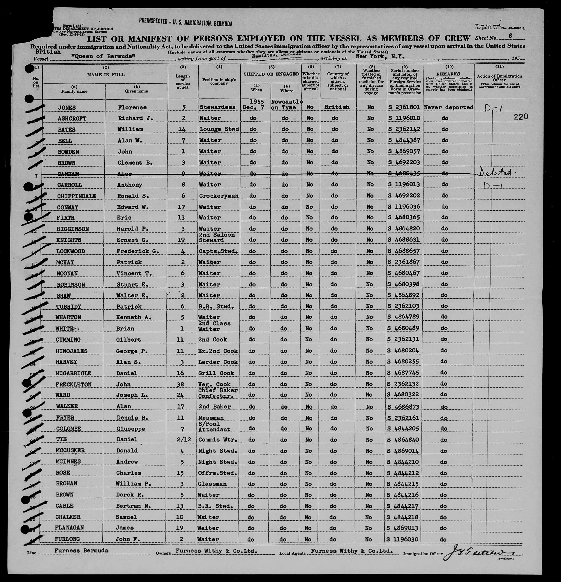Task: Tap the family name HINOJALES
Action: click(71, 351)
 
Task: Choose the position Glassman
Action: click(212, 484)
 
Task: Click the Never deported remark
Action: click(449, 107)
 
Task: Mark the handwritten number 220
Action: click(521, 117)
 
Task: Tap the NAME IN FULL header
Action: click(106, 75)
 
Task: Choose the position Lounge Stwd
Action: click(219, 129)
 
